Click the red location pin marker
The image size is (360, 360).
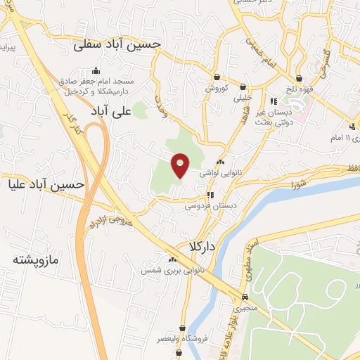[x=181, y=165]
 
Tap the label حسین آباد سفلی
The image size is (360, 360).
[x=118, y=44]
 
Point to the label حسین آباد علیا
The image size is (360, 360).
[x=46, y=185]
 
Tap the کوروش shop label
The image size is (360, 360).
[x=218, y=89]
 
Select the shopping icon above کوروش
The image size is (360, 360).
[x=218, y=77]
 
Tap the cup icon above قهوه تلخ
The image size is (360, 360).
[x=300, y=77]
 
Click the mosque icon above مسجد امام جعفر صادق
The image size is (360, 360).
[x=96, y=71]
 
